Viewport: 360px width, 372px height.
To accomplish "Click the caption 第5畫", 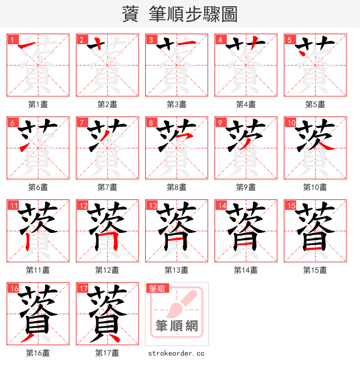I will pos(315,104).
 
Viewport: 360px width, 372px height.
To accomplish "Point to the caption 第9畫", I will pos(246,187).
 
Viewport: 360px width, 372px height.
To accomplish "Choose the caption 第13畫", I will pos(176,270).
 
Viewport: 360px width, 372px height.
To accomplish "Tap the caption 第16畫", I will pos(38,353).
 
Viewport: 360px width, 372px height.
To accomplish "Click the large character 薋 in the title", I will pos(130,14).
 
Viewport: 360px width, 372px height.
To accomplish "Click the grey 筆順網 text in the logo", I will pos(176,326).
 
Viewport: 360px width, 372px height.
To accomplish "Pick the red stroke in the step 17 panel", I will pos(112,336).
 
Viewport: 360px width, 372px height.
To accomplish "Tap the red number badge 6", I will pos(12,123).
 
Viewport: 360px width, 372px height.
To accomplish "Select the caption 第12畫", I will pos(107,270).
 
